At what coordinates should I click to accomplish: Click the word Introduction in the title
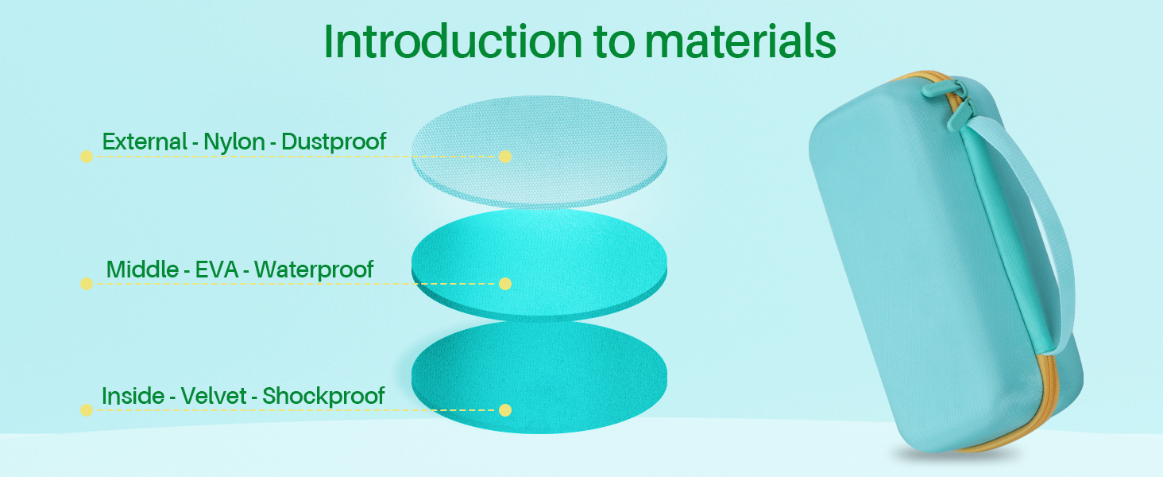(453, 41)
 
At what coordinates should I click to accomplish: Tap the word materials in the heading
(740, 41)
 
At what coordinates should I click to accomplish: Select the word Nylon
(234, 142)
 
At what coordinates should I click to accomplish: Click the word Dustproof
(334, 142)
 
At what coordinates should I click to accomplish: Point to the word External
(145, 142)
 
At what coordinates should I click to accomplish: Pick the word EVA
(217, 270)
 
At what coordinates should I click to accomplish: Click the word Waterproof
(314, 270)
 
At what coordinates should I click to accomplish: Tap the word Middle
(143, 270)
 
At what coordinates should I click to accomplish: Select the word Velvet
(214, 396)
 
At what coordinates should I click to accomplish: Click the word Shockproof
(323, 396)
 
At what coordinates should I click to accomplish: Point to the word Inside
(133, 396)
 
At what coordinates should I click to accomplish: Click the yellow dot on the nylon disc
(505, 157)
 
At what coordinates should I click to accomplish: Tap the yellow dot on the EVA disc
(505, 284)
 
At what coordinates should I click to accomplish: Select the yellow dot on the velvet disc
(505, 410)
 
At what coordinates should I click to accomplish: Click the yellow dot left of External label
(87, 157)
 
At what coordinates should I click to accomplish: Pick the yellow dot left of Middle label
(87, 284)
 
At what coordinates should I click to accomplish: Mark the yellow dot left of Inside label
(87, 410)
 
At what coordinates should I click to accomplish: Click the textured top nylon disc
(539, 152)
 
